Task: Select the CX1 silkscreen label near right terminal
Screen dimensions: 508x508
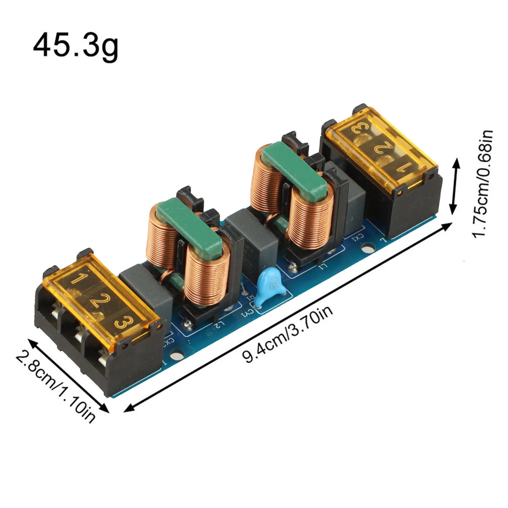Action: click(x=358, y=237)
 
